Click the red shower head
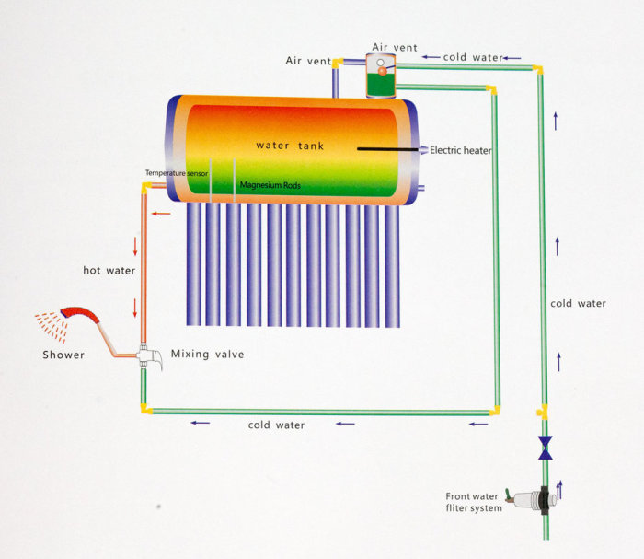pos(80,314)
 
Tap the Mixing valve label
pos(207,354)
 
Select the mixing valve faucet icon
pos(149,356)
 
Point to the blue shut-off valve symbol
pos(545,448)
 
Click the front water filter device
pos(532,499)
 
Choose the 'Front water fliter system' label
pos(474,502)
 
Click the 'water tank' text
pos(290,146)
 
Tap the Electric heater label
pos(460,150)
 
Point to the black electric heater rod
pos(387,149)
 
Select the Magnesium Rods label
pos(270,185)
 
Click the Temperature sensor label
pos(177,173)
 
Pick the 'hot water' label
pos(109,270)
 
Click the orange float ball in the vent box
pos(383,72)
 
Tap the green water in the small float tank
pos(381,85)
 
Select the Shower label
pos(63,355)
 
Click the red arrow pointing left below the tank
pos(161,214)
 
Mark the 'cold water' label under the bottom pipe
pos(276,425)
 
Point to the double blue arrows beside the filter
pos(559,490)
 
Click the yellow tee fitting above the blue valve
pos(543,412)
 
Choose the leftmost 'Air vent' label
pos(308,61)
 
